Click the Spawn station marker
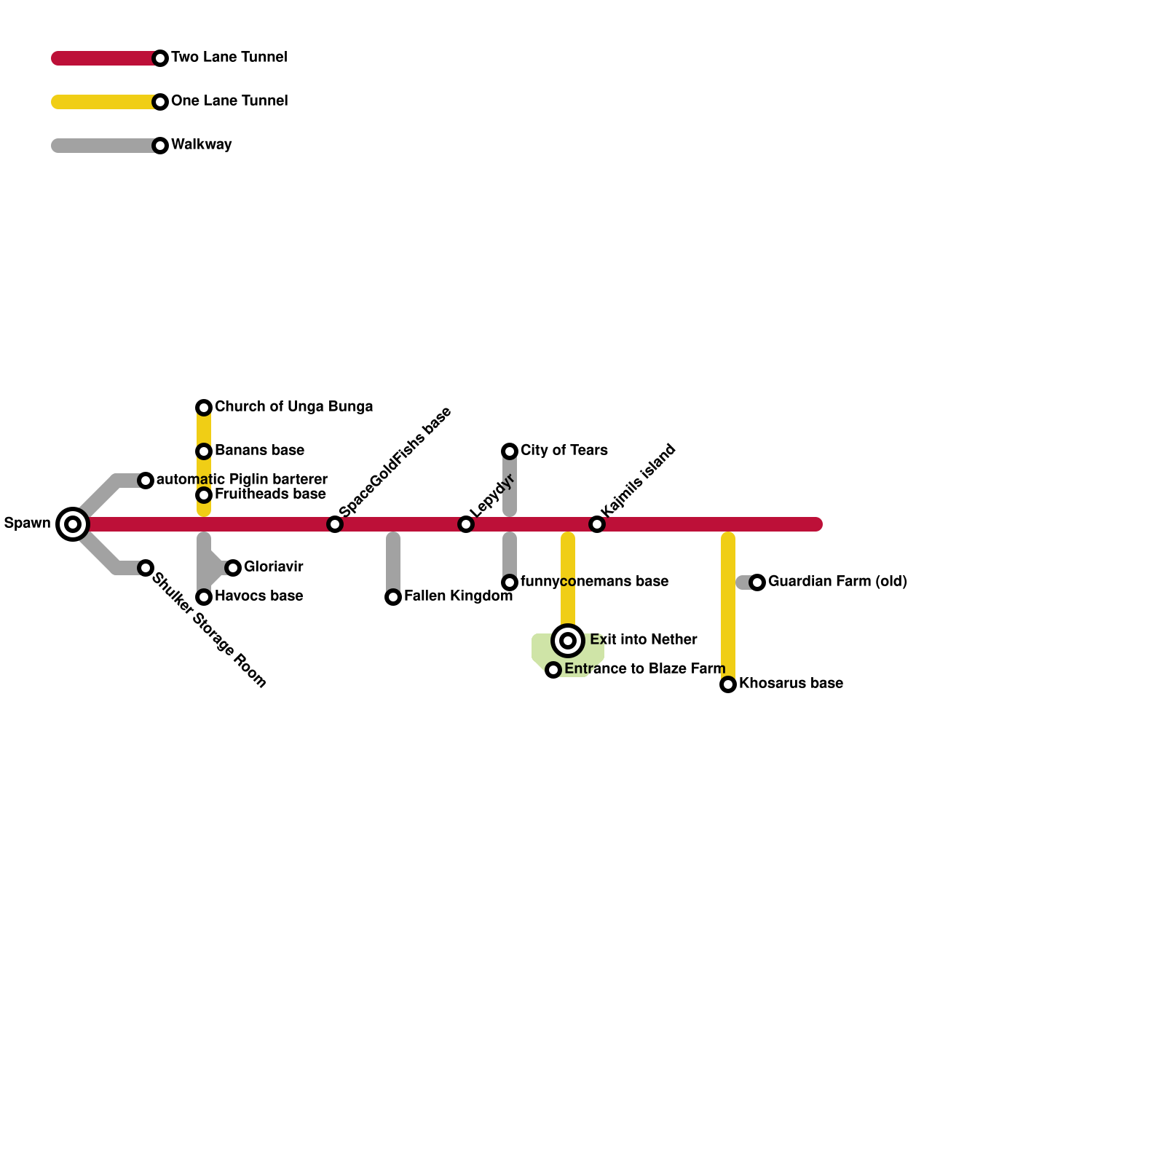73,524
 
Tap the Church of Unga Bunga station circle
204,407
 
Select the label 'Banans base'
259,450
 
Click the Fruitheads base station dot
204,495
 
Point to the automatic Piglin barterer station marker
146,480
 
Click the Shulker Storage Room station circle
146,567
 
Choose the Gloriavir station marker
233,567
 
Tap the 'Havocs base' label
258,596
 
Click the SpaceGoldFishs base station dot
335,524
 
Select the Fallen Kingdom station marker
393,597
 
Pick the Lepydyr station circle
466,524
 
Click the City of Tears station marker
510,451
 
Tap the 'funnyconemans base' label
594,581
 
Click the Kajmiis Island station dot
597,524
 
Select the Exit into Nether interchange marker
568,641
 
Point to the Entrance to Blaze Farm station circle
553,670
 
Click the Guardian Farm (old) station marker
757,582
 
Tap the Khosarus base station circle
728,684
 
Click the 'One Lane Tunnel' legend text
229,100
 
